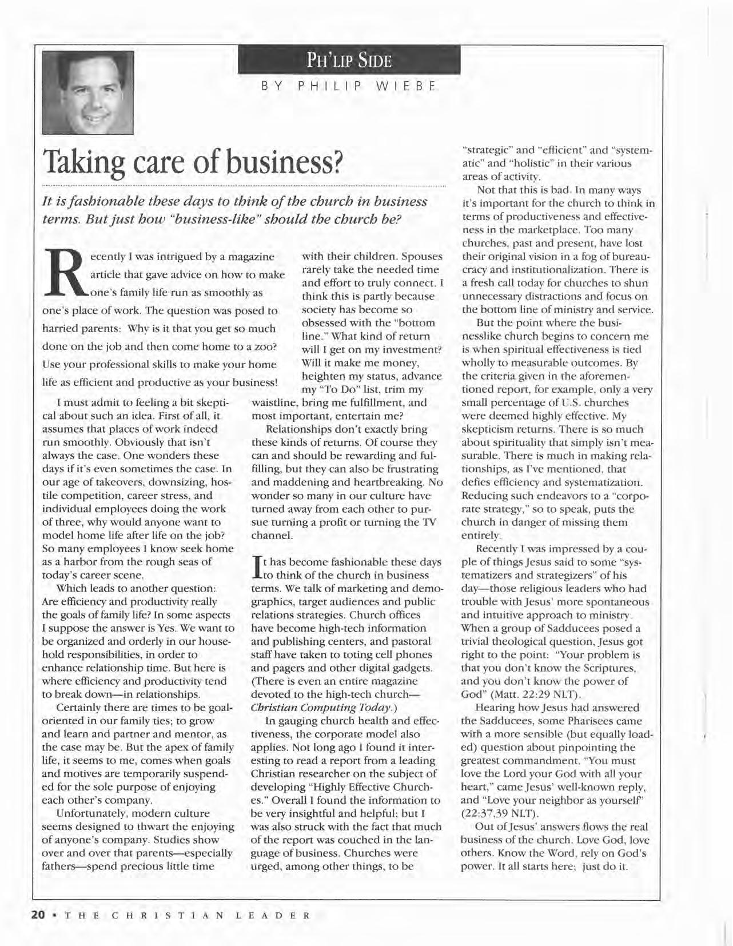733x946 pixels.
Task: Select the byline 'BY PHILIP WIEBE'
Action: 349,87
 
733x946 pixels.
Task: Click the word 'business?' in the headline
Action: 284,163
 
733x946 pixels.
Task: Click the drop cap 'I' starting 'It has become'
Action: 256,568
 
